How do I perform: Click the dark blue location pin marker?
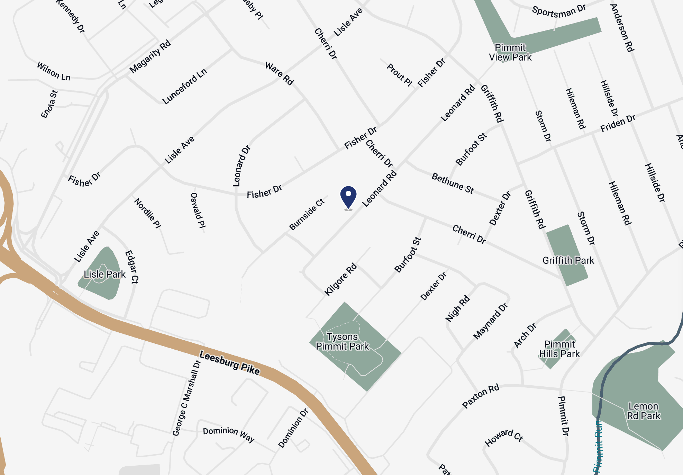[x=348, y=196]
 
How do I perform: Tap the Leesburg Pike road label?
[x=229, y=363]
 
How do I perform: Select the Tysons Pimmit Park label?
[x=342, y=341]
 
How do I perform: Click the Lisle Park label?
[x=104, y=274]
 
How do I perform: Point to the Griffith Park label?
[x=568, y=260]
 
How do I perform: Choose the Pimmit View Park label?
[x=510, y=52]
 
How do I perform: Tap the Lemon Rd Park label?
[x=644, y=411]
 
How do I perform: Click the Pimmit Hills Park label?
[x=559, y=349]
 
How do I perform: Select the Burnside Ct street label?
[x=307, y=214]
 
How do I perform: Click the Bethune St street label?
[x=453, y=183]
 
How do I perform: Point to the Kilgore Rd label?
[x=340, y=279]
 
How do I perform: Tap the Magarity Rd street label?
[x=150, y=56]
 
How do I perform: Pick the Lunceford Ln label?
[x=185, y=86]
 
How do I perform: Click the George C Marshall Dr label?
[x=186, y=398]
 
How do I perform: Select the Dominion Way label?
[x=228, y=434]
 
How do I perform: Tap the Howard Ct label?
[x=503, y=438]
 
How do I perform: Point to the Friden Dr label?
[x=618, y=123]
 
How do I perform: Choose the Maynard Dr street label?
[x=491, y=321]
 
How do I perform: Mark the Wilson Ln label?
[x=54, y=71]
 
